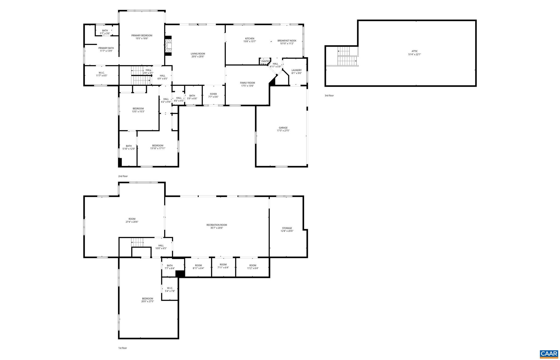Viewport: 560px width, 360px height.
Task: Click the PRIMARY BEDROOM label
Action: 142,36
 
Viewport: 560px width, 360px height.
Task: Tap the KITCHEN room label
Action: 249,39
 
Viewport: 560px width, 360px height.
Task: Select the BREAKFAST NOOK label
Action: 287,41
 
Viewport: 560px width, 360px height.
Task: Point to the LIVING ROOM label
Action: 198,54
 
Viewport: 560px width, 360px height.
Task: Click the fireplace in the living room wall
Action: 168,46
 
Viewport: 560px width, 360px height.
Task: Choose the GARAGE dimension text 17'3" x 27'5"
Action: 283,131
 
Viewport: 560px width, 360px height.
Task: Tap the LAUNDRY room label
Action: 296,70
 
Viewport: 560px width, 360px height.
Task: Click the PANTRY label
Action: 265,61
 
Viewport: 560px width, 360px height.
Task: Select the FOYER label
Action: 213,94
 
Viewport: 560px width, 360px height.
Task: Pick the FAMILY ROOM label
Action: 247,83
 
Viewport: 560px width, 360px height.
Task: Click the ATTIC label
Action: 415,51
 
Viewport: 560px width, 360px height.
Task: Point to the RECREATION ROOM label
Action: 217,225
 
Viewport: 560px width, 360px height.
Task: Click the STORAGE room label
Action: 287,228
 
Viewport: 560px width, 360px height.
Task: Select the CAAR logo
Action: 549,354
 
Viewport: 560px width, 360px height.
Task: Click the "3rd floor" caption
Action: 329,96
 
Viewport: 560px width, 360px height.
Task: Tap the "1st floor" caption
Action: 122,348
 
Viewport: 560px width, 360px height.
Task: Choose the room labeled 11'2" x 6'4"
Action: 253,267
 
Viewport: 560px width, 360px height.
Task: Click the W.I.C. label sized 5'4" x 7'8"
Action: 170,288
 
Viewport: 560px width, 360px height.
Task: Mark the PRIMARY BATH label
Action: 106,48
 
